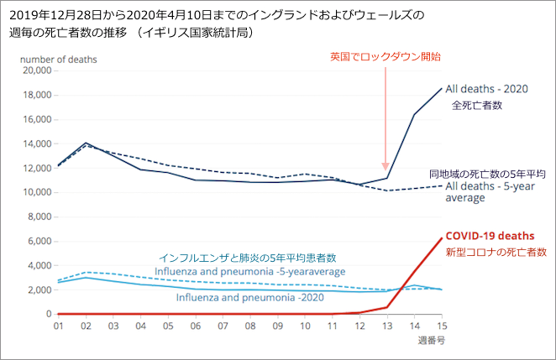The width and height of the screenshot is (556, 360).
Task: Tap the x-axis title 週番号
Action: tap(432, 342)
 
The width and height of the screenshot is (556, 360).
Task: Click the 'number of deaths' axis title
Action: tap(59, 59)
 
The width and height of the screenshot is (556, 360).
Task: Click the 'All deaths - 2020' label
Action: tap(486, 89)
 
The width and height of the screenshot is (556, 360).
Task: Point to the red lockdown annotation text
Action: tap(386, 57)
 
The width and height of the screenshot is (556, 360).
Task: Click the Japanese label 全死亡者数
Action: tap(477, 106)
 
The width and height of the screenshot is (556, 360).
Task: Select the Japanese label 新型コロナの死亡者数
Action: tap(496, 251)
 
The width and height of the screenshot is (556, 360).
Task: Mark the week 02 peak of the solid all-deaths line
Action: tap(86, 143)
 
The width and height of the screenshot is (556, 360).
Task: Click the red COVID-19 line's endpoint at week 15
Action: tap(441, 238)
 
